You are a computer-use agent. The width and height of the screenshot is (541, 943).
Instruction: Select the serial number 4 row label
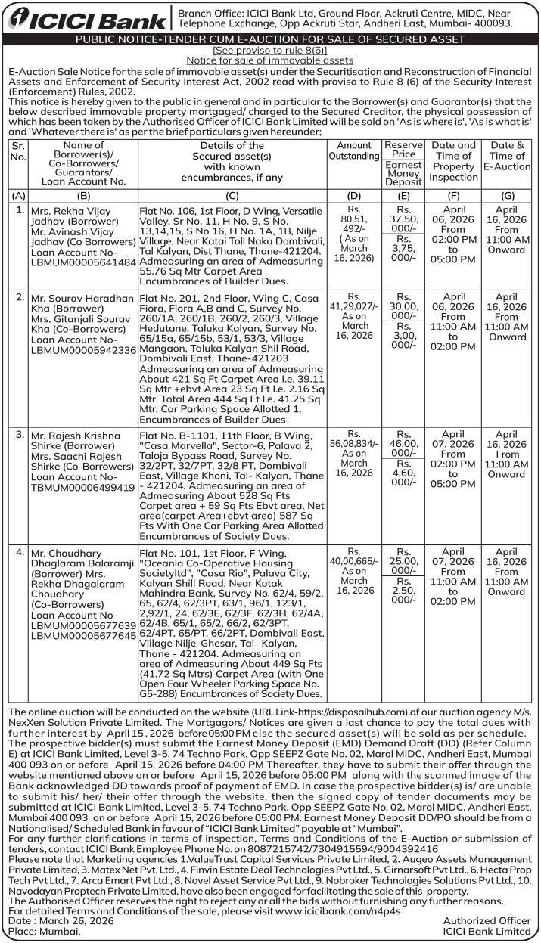click(20, 553)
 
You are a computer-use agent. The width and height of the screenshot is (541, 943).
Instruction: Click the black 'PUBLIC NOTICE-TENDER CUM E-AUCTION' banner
click(270, 38)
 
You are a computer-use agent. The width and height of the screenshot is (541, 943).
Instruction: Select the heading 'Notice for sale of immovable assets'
click(270, 60)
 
